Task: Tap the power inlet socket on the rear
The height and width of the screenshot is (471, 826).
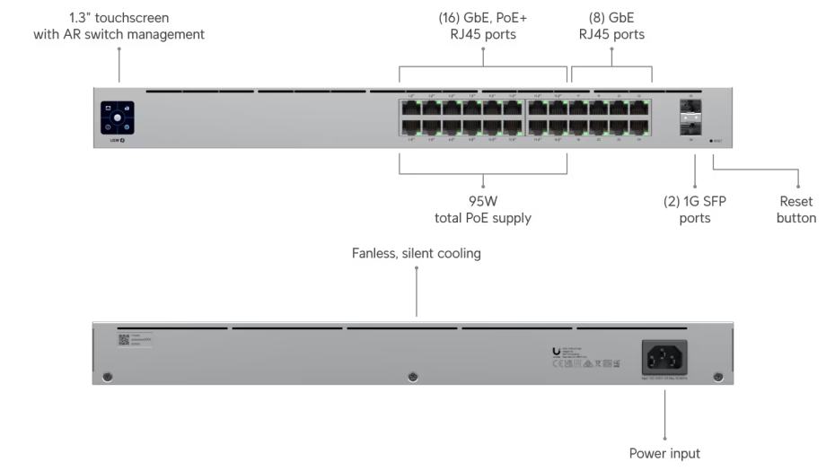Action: pos(664,357)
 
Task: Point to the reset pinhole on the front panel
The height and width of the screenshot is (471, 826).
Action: pos(710,141)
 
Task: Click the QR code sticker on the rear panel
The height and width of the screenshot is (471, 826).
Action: pos(125,340)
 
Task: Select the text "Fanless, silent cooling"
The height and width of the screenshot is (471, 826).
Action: pos(416,254)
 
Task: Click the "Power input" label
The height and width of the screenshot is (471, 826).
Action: pos(664,453)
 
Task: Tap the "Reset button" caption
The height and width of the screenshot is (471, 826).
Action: pos(796,210)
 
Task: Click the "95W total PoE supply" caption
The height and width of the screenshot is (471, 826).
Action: pos(483,210)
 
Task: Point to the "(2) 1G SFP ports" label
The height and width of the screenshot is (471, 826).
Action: pos(694,210)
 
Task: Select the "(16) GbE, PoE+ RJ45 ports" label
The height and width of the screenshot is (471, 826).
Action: pos(483,26)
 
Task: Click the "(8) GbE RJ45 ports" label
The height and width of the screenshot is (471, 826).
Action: pos(611,26)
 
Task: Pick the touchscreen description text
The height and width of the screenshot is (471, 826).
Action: pos(119,26)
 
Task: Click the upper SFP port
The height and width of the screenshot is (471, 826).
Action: pos(690,108)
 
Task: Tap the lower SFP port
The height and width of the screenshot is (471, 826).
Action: pos(690,127)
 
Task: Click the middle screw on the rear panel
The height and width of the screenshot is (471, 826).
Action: pos(413,376)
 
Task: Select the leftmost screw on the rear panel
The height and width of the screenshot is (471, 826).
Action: pos(108,376)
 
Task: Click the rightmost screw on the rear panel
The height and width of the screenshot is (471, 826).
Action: pos(717,376)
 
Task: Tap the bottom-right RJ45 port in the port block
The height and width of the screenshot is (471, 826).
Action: pos(638,127)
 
